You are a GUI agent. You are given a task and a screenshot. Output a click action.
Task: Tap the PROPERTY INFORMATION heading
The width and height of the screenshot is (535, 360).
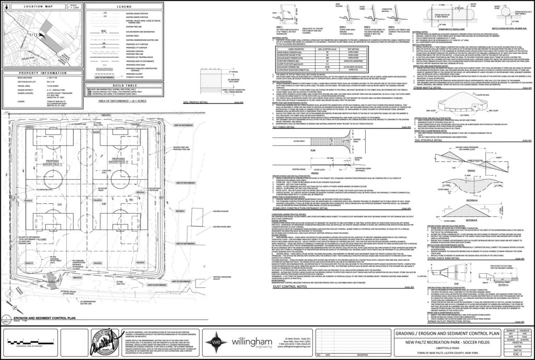(x=41, y=73)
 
